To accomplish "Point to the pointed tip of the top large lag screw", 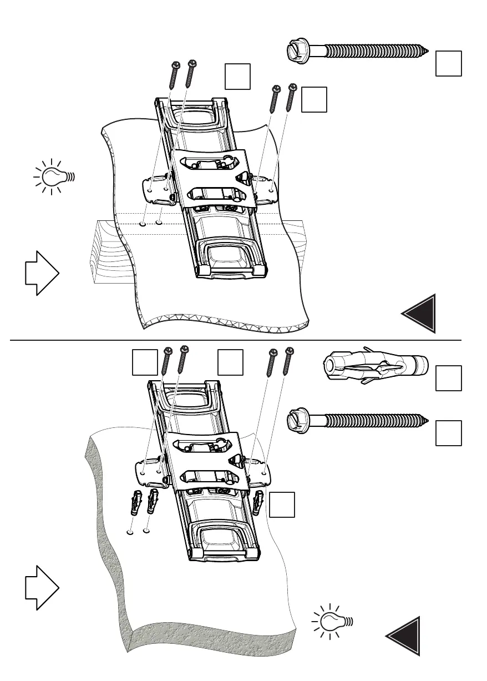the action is point(428,52).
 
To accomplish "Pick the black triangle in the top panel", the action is point(422,314).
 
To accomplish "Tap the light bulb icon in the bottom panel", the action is point(333,620).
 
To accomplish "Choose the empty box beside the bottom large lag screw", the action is point(449,433).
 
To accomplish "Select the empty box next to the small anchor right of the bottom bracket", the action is point(282,505).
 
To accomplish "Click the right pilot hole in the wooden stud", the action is point(160,223).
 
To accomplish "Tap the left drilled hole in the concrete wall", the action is point(130,531).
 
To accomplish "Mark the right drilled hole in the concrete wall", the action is point(147,531).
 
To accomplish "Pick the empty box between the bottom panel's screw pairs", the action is point(230,362).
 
